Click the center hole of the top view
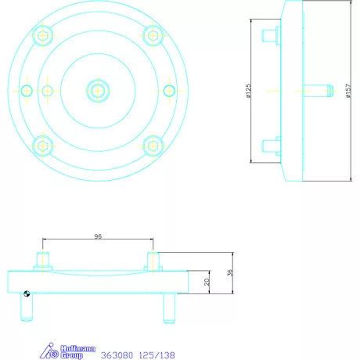tap(97, 90)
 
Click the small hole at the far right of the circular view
tap(168, 90)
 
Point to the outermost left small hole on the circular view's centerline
tap(27, 90)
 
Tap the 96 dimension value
tap(98, 235)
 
